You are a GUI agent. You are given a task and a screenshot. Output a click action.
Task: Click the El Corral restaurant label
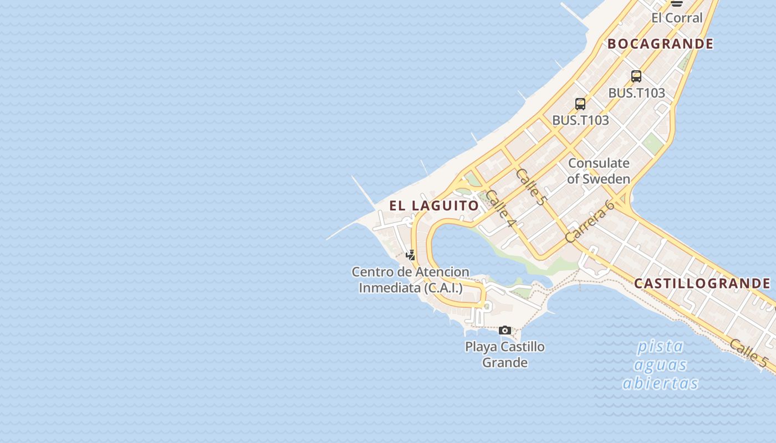point(676,18)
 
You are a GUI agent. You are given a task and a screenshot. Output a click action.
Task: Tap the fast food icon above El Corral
point(676,3)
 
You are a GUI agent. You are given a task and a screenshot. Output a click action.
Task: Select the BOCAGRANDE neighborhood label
point(660,44)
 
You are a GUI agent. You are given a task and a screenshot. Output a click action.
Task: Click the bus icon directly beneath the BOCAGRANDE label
point(636,76)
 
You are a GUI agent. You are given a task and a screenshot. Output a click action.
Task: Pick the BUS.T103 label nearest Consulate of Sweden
point(580,120)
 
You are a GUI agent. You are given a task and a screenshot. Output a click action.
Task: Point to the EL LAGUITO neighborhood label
point(434,205)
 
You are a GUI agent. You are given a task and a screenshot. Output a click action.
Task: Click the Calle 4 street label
point(501,208)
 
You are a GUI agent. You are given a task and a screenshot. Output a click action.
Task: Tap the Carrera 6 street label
point(590,221)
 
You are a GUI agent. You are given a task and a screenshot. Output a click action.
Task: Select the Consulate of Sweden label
point(599,171)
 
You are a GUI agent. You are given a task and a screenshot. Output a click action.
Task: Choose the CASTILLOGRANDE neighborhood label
point(702,284)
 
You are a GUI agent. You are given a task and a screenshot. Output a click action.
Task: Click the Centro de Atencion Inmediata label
point(411,280)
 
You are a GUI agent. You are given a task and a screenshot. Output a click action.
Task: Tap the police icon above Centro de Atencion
point(411,255)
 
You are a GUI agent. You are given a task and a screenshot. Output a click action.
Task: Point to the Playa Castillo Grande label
point(504,354)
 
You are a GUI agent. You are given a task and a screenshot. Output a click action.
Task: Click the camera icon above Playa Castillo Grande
point(505,330)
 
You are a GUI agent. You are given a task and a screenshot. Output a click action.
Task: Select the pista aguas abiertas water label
point(660,364)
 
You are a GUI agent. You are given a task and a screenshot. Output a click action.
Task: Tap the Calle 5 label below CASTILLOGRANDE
point(748,353)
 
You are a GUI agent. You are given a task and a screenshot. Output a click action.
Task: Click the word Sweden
point(606,179)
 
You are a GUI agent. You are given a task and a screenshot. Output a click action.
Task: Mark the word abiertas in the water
point(660,383)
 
